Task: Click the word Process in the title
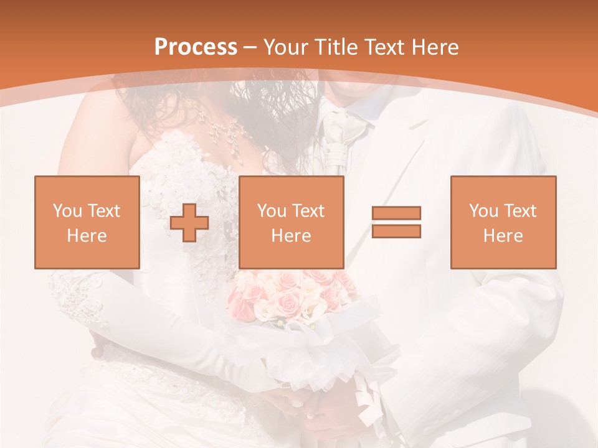click(x=196, y=47)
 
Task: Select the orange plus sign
click(x=189, y=222)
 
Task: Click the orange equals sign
click(x=396, y=222)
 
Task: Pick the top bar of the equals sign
click(x=396, y=213)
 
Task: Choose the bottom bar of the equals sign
click(x=396, y=231)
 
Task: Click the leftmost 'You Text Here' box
click(x=87, y=222)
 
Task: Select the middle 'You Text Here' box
click(x=292, y=222)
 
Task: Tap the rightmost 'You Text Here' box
click(x=503, y=222)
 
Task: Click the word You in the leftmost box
click(x=67, y=211)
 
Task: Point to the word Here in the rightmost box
click(x=503, y=236)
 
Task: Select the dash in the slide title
click(x=250, y=47)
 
